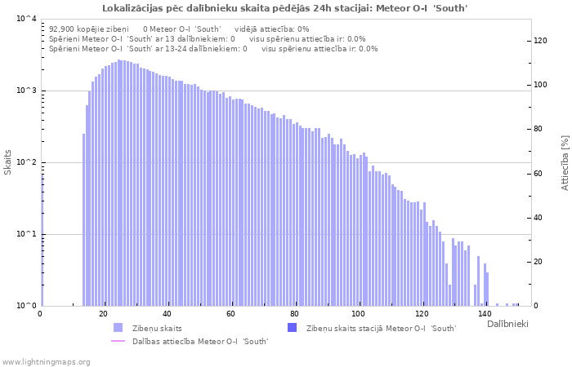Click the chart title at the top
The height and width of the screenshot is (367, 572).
coord(285,8)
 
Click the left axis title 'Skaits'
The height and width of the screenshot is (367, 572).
coord(8,162)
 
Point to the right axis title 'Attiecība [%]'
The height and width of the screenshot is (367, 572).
coord(565,163)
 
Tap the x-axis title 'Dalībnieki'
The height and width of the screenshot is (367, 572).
coord(507,325)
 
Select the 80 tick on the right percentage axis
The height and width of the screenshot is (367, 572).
coord(540,129)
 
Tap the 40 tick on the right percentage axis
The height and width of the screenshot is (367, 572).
coord(540,218)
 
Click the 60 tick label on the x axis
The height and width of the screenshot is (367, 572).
coord(230,314)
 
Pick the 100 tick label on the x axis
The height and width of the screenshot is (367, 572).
coord(358,314)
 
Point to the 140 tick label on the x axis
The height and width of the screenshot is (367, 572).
coord(485,314)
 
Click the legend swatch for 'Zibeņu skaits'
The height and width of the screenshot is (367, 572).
coord(118,328)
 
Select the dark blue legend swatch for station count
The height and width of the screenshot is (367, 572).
coord(292,328)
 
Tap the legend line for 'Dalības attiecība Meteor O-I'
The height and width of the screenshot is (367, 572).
coord(118,341)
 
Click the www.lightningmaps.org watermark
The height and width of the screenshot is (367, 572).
coord(46,361)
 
